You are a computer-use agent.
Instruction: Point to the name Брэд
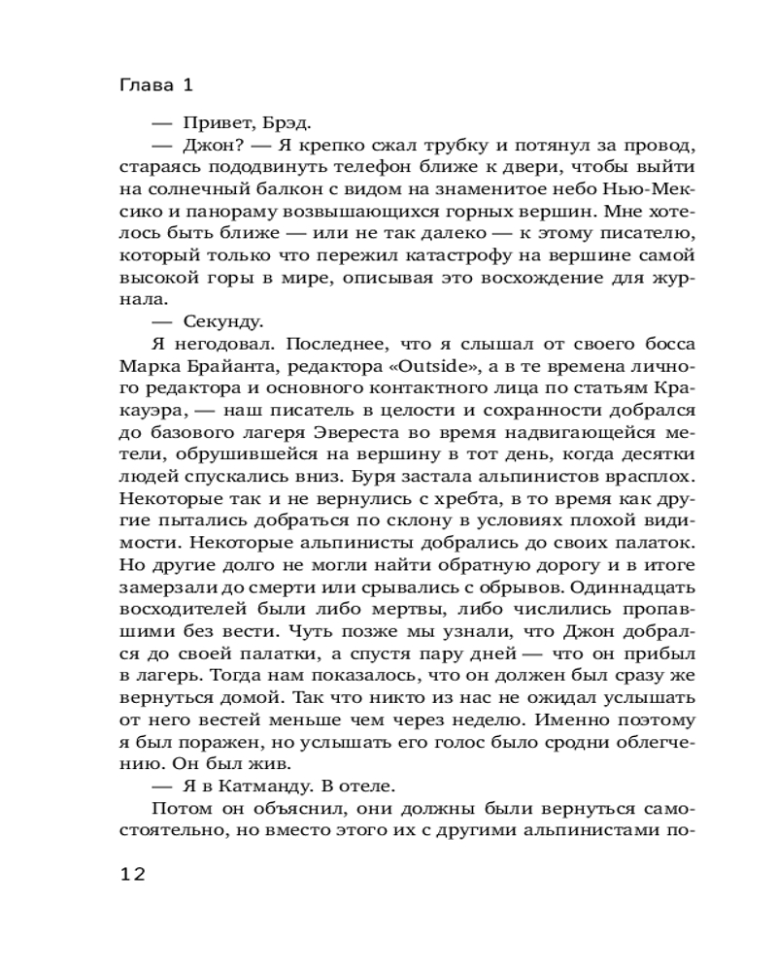[288, 123]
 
